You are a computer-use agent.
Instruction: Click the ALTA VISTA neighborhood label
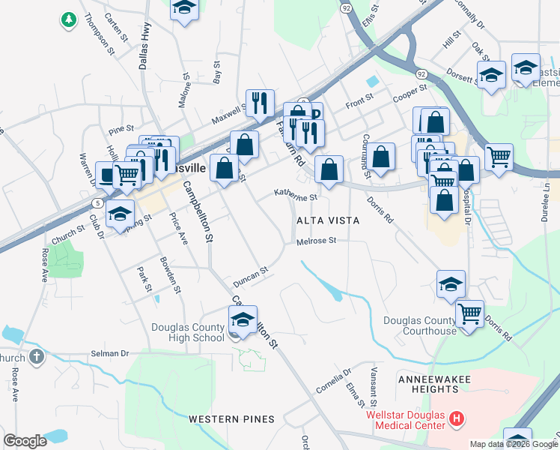328,220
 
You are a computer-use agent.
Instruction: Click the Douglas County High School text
187,332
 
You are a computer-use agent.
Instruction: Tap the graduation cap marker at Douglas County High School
243,320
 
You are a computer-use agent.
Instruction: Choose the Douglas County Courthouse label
419,325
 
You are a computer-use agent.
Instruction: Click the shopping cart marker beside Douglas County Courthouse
469,313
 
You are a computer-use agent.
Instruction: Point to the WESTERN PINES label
231,418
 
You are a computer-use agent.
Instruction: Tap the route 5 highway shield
97,203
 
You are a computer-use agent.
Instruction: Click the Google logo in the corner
25,441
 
